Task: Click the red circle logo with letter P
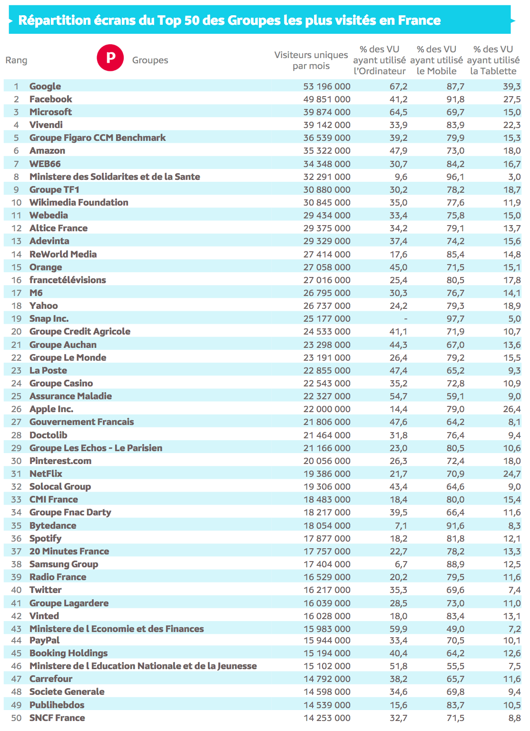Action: pyautogui.click(x=110, y=58)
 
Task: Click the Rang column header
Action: pyautogui.click(x=16, y=60)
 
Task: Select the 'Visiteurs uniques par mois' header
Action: pyautogui.click(x=311, y=60)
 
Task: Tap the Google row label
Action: pyautogui.click(x=45, y=86)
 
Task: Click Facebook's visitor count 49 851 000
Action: pyautogui.click(x=327, y=99)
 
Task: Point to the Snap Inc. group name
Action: pyautogui.click(x=49, y=318)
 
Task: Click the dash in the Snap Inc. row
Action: pyautogui.click(x=405, y=318)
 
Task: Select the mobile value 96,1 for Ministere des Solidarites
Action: pyautogui.click(x=455, y=177)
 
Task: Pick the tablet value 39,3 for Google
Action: pyautogui.click(x=512, y=86)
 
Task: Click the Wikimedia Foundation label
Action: pyautogui.click(x=79, y=202)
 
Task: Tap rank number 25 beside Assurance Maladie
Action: pyautogui.click(x=17, y=396)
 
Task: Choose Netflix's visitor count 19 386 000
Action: pyautogui.click(x=327, y=474)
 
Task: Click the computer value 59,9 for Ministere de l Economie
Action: pyautogui.click(x=399, y=629)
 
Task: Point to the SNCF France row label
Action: pyautogui.click(x=57, y=718)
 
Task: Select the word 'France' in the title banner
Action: pyautogui.click(x=419, y=20)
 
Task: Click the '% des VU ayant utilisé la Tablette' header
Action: pyautogui.click(x=493, y=60)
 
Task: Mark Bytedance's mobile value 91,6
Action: pyautogui.click(x=455, y=525)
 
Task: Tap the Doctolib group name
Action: pyautogui.click(x=48, y=435)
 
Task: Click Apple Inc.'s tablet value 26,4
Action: pyautogui.click(x=512, y=409)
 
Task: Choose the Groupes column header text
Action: pyautogui.click(x=150, y=60)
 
